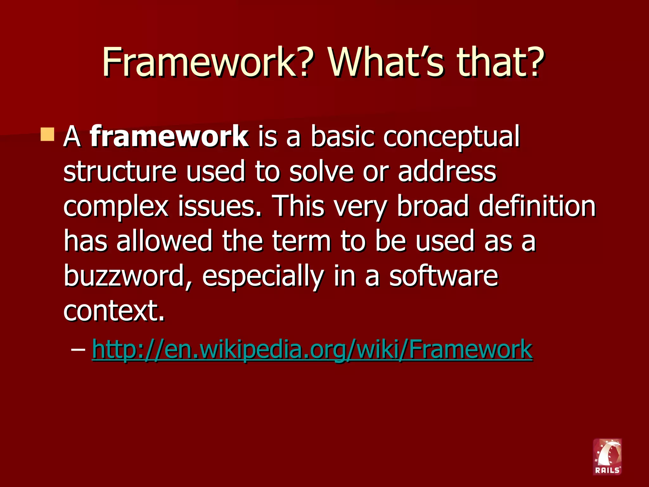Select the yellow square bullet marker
48,135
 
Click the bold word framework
169,136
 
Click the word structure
120,171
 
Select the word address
447,171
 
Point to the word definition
537,206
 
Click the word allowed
164,241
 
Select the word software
444,276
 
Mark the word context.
114,311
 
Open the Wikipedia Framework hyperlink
312,349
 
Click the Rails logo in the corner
607,457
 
